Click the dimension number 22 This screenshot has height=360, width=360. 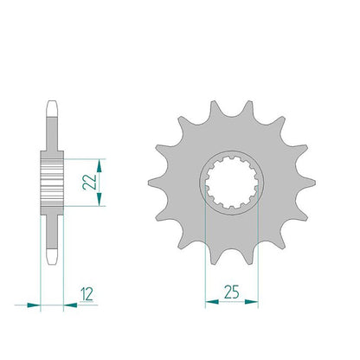pos(89,182)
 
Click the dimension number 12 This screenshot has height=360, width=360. pos(87,294)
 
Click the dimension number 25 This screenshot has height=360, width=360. pos(232,292)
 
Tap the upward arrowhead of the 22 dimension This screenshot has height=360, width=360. pos(100,166)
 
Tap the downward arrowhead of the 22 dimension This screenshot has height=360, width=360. pos(100,199)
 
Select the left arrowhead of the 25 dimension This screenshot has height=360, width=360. pos(212,302)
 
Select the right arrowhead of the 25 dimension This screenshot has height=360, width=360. pos(251,302)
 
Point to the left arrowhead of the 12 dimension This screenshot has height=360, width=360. pos(34,305)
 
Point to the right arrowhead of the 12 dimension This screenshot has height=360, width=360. pos(70,305)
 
